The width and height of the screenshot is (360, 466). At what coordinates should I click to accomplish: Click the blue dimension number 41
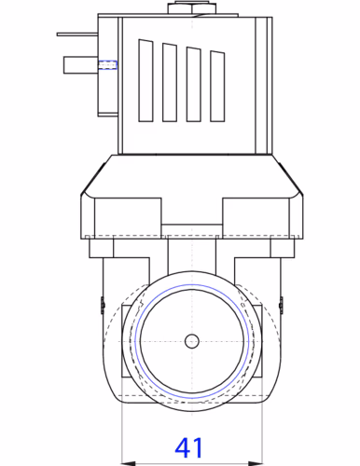188,447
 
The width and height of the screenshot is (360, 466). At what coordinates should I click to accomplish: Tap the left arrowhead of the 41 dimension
128,463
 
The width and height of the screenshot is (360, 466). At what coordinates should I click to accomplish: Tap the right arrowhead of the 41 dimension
256,463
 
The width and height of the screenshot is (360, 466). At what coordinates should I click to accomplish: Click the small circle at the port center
192,341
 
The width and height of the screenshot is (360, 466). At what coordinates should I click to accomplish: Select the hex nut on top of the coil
192,8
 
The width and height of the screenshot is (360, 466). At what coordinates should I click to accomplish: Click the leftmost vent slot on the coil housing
145,80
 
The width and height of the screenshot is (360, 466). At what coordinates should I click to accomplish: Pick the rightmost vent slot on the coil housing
217,86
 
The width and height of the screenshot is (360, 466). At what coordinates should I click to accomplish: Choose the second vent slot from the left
170,82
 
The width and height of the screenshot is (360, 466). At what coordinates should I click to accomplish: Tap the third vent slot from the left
193,84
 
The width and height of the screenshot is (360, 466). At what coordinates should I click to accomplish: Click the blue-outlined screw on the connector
107,65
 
